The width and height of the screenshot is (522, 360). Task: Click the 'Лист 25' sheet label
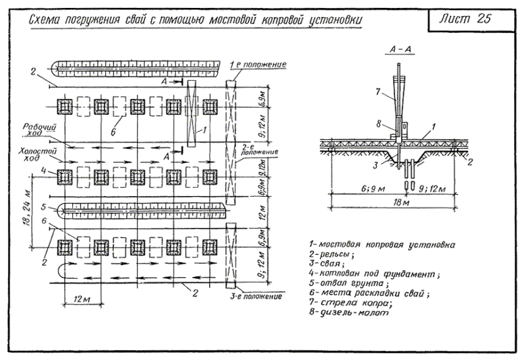[x=463, y=18]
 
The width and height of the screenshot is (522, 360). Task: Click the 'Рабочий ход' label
[x=39, y=130]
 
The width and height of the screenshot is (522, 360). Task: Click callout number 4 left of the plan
[x=44, y=171]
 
